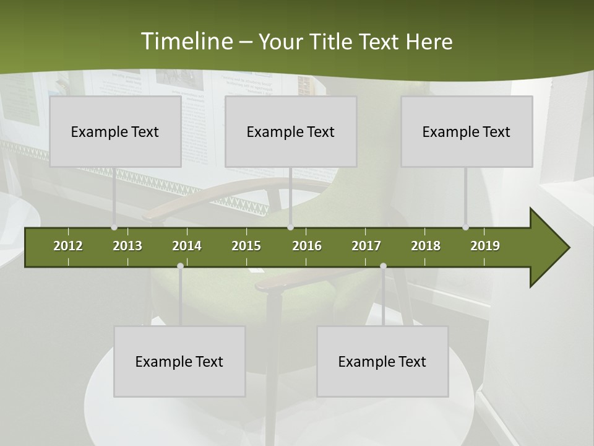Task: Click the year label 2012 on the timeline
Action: (x=68, y=246)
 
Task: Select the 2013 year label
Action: (x=127, y=246)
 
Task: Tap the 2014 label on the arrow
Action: (x=187, y=246)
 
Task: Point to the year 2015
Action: (x=246, y=246)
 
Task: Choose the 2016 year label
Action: (x=307, y=246)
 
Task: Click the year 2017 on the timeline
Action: (x=366, y=246)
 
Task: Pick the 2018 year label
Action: (x=426, y=246)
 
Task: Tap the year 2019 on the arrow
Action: (x=485, y=246)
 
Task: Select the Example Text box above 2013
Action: (x=115, y=131)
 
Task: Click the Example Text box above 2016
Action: (x=291, y=131)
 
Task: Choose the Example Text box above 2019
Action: (x=467, y=131)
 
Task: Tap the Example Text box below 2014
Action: (x=179, y=361)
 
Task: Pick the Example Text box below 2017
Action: (x=382, y=361)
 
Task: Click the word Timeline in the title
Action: (x=186, y=42)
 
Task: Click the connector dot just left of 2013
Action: (x=114, y=227)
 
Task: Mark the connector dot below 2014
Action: (x=180, y=266)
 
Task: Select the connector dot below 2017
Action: (x=383, y=266)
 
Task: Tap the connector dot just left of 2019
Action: (x=465, y=227)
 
